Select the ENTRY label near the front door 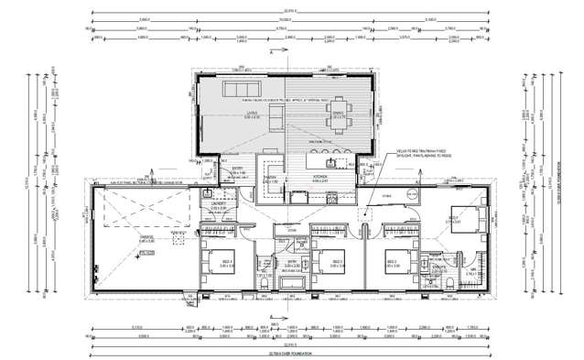click(x=237, y=169)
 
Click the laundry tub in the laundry click(x=210, y=193)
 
